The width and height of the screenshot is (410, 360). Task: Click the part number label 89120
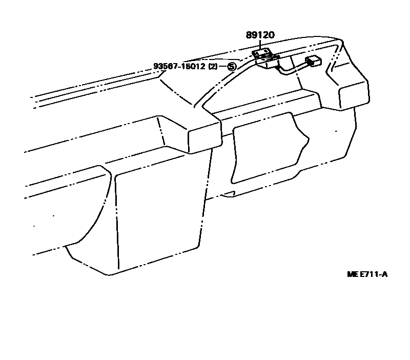pyautogui.click(x=260, y=35)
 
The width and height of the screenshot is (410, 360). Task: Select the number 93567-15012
pyautogui.click(x=179, y=67)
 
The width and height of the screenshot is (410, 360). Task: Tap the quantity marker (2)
pyautogui.click(x=213, y=67)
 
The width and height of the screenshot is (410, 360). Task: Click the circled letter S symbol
pyautogui.click(x=232, y=67)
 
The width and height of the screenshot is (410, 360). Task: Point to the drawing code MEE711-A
pyautogui.click(x=367, y=274)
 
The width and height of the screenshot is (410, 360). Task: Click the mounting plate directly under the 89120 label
pyautogui.click(x=262, y=52)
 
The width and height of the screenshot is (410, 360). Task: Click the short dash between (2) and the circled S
pyautogui.click(x=223, y=67)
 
